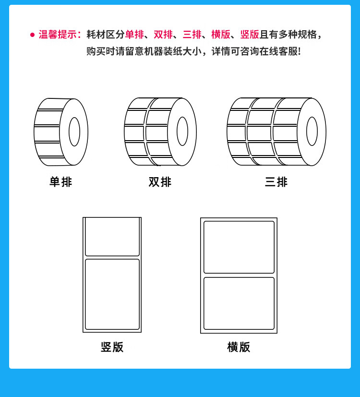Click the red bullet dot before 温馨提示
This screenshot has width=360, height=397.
[32, 35]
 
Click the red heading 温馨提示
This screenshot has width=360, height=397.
[58, 35]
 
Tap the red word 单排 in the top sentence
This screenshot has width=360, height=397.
[134, 35]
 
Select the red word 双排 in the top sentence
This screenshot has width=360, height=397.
[163, 35]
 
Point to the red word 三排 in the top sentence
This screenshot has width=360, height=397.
[192, 35]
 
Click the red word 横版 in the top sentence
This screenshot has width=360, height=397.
[221, 35]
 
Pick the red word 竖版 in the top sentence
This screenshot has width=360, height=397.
[250, 35]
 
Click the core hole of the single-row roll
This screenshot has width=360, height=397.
[74, 132]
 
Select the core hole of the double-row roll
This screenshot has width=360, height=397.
[182, 131]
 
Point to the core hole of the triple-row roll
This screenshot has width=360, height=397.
[312, 131]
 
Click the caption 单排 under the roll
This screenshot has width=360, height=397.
[61, 182]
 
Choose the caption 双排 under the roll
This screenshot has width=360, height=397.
[160, 182]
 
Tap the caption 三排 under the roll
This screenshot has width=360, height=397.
[276, 182]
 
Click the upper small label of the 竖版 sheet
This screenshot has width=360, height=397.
[112, 237]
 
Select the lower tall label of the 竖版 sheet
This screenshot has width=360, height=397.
[112, 294]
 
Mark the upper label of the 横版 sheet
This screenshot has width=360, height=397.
[239, 247]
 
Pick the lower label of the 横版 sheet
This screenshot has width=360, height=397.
[239, 303]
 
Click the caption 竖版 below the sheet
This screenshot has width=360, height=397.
[112, 347]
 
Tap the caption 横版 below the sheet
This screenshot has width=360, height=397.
[239, 347]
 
